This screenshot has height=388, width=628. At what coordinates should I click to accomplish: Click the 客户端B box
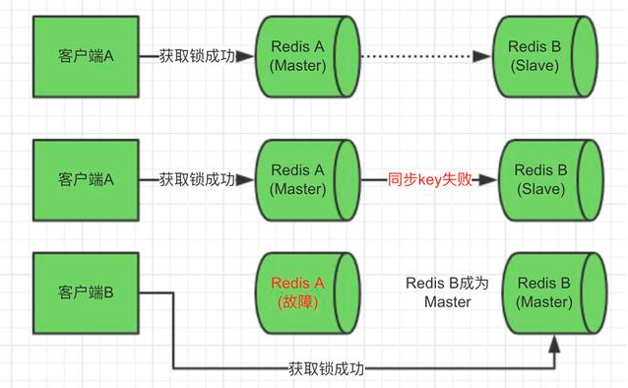click(x=87, y=292)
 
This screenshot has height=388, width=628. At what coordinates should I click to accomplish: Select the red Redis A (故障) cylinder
click(x=302, y=293)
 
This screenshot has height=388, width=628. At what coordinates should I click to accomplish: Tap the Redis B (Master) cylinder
click(x=550, y=293)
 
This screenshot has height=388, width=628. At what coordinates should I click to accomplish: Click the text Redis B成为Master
click(x=447, y=292)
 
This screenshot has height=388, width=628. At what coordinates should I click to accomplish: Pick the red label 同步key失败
click(x=429, y=180)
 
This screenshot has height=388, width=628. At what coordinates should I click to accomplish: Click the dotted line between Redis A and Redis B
click(x=423, y=56)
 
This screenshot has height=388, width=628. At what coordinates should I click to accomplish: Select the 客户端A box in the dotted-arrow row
click(x=87, y=56)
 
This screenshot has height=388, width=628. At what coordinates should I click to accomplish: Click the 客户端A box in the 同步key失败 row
click(x=87, y=180)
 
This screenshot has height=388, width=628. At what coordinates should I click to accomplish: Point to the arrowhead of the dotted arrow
click(x=481, y=56)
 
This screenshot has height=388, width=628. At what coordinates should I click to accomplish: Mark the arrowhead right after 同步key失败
click(x=486, y=180)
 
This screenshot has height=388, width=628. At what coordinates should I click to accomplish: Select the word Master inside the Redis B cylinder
click(x=544, y=302)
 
